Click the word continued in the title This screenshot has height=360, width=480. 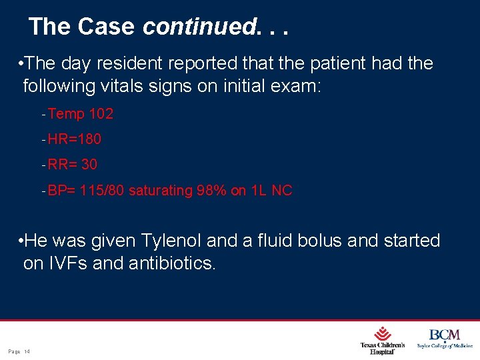[199, 27]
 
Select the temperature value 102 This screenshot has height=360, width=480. [101, 114]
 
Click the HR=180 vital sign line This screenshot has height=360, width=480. [74, 139]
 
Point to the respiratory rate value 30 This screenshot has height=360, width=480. [89, 164]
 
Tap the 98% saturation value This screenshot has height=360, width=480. [211, 191]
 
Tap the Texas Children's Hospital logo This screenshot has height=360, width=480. [382, 340]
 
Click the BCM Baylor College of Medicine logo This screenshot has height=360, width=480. [445, 339]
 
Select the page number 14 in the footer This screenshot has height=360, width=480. [27, 351]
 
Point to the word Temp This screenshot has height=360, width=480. [66, 114]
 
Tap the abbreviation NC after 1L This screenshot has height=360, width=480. [282, 191]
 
